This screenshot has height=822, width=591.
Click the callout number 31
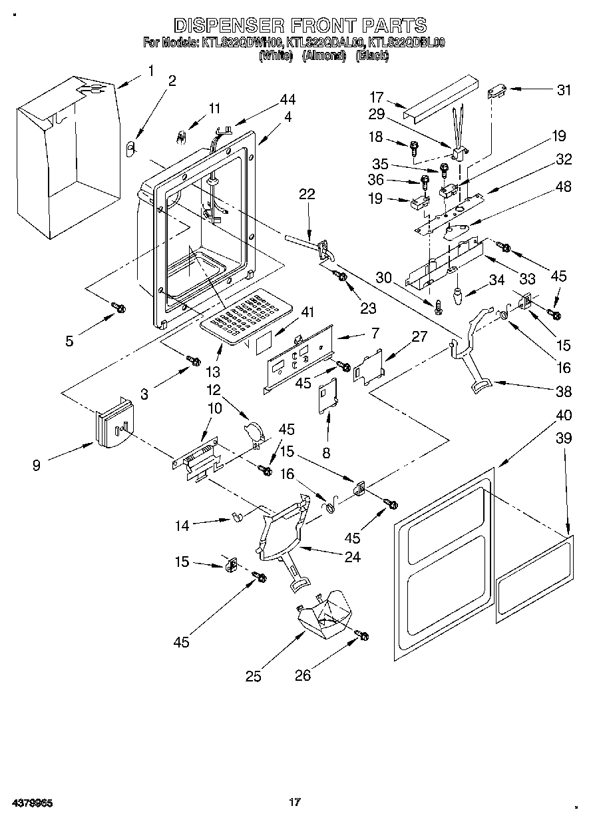click(x=564, y=91)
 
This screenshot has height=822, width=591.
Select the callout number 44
click(x=288, y=99)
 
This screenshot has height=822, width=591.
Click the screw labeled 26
click(x=363, y=636)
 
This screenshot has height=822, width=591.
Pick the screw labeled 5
click(x=118, y=307)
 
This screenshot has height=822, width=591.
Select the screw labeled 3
click(x=194, y=360)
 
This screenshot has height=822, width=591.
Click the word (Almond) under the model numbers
click(x=324, y=57)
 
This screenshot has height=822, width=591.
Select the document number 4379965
click(x=31, y=802)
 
